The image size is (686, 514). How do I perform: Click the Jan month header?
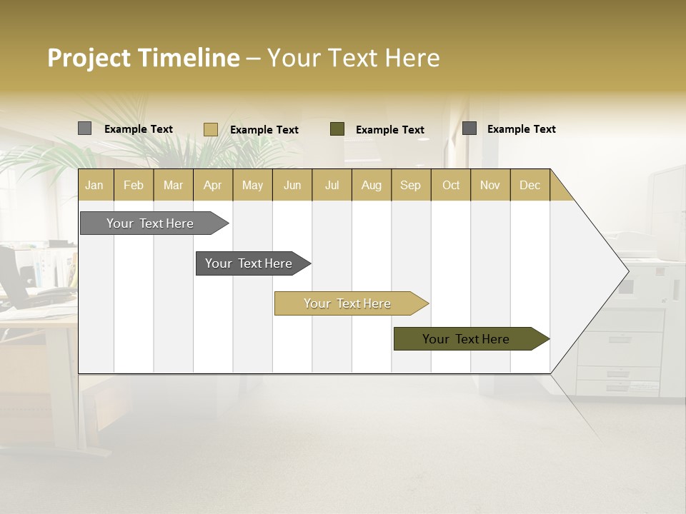95,186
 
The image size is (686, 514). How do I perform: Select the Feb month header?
134,186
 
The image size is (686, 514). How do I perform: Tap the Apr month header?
212,186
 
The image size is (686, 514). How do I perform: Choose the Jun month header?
292,186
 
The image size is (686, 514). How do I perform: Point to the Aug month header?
371,186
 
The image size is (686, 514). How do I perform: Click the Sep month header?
410,186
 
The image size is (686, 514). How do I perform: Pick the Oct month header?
451,186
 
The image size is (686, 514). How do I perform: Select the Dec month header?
530,186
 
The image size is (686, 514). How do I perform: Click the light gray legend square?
84,128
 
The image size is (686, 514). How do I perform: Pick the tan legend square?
210,129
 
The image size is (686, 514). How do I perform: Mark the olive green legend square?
337,128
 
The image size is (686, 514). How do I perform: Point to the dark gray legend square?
469,128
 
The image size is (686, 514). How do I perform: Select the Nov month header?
490,186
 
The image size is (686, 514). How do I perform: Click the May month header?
252,186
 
